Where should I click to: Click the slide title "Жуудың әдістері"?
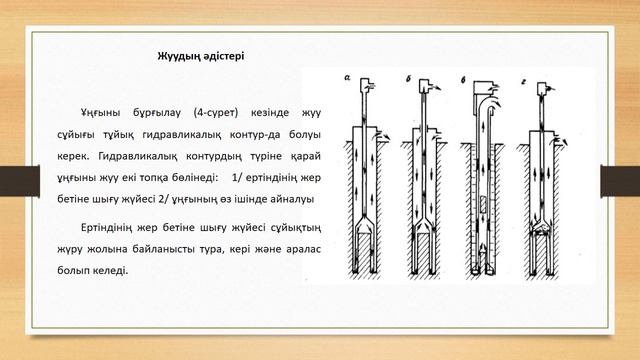tap(201, 56)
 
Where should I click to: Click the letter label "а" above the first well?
tap(347, 77)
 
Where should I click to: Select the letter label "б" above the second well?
tap(409, 79)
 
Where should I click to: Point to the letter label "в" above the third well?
tap(463, 80)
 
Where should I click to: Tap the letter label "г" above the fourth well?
tap(523, 82)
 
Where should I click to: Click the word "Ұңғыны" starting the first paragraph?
tap(100, 113)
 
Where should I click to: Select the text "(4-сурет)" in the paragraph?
tap(216, 113)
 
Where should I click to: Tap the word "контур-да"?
tap(255, 134)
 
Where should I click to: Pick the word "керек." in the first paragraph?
tap(73, 156)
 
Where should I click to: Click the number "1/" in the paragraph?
tap(237, 178)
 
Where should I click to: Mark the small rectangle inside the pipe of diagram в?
tap(483, 204)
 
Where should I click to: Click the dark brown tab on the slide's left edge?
tap(20, 181)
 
